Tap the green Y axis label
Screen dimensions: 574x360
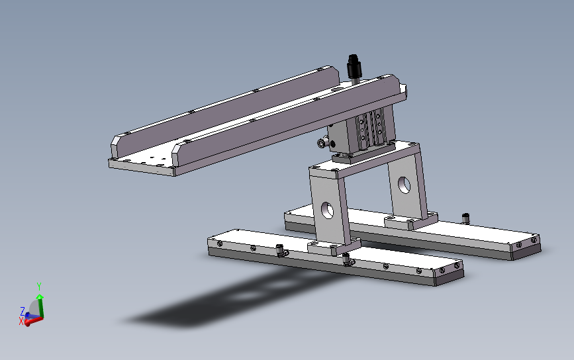[x=39, y=286]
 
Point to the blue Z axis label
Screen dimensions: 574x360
[x=23, y=311]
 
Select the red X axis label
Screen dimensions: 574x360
[x=21, y=321]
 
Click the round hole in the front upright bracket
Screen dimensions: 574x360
[x=327, y=210]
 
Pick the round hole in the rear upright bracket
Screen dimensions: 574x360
[x=404, y=185]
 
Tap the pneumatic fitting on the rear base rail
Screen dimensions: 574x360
[x=465, y=218]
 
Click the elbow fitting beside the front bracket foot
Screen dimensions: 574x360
[x=347, y=259]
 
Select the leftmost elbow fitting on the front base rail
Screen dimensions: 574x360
[x=281, y=251]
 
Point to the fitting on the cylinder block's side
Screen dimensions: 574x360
[x=323, y=142]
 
